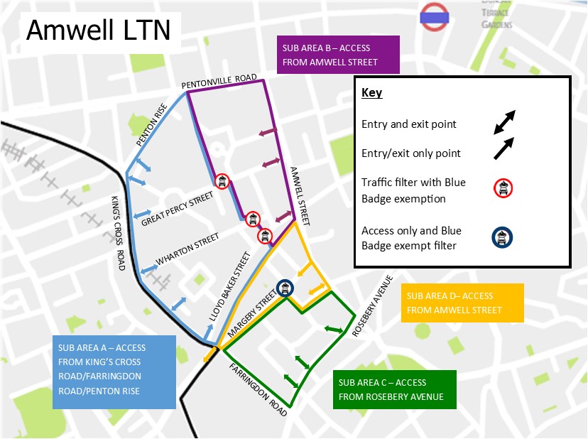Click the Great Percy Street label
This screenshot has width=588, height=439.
click(x=178, y=208)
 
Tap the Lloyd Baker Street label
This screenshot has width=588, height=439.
click(x=225, y=283)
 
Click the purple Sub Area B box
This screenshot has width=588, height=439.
click(x=338, y=55)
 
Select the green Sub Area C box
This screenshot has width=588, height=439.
click(x=391, y=389)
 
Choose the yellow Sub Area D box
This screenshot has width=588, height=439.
click(x=462, y=303)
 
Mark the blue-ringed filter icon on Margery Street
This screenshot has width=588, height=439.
click(x=285, y=288)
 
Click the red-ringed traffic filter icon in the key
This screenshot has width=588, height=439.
click(x=503, y=188)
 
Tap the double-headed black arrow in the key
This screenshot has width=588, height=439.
click(x=505, y=121)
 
